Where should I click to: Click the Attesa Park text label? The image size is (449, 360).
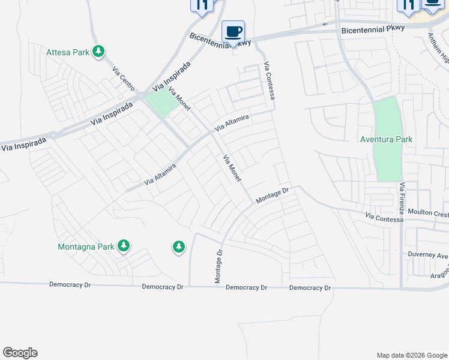68,52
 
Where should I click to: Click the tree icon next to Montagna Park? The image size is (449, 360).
124,245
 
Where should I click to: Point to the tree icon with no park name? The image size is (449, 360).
178,246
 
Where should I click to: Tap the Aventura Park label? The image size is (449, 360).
387,139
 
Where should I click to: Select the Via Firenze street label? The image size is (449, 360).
403,199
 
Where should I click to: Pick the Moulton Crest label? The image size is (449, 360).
427,214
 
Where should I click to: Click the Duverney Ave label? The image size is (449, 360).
427,254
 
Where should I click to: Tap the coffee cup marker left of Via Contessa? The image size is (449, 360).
233,32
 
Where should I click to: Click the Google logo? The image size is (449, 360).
20,353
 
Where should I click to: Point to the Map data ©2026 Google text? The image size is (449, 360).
411,355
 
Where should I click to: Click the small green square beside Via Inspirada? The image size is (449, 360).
163,101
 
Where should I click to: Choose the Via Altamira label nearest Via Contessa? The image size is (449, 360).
231,124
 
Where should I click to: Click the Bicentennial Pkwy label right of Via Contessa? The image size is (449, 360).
373,29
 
